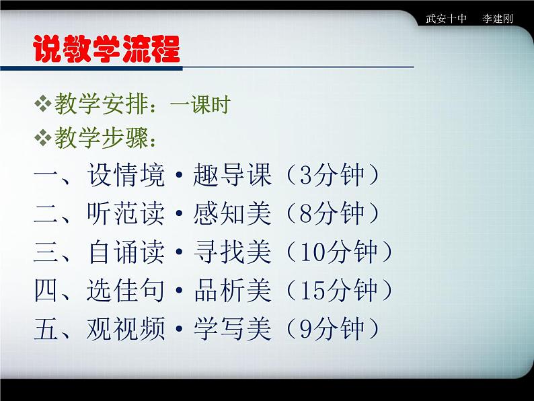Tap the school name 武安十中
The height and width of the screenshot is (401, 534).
pyautogui.click(x=446, y=18)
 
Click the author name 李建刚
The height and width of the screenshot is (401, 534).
pyautogui.click(x=498, y=18)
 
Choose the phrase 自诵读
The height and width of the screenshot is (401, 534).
pyautogui.click(x=126, y=252)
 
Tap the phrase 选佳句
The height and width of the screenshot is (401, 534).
pyautogui.click(x=126, y=291)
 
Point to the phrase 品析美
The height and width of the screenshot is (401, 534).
pyautogui.click(x=232, y=291)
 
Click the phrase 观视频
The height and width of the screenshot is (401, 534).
pyautogui.click(x=126, y=329)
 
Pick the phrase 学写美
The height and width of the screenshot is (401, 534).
pyautogui.click(x=232, y=329)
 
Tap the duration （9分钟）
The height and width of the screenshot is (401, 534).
pyautogui.click(x=331, y=329)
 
